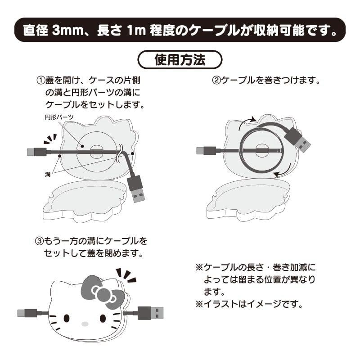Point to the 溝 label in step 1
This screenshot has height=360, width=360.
[x=48, y=174]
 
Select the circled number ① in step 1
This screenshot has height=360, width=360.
[x=41, y=81]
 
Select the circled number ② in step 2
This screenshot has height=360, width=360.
[x=216, y=81]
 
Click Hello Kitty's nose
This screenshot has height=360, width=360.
[x=83, y=323]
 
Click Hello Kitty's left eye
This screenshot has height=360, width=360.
[x=67, y=318]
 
